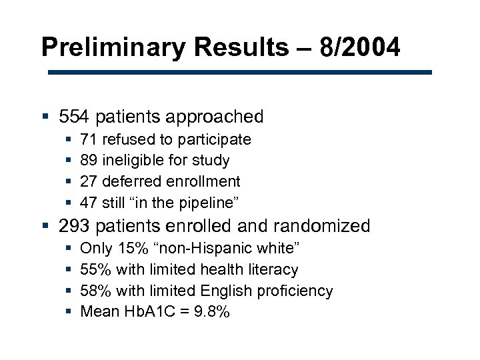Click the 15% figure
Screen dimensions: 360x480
[x=128, y=249]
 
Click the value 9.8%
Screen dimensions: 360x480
[x=211, y=311]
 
